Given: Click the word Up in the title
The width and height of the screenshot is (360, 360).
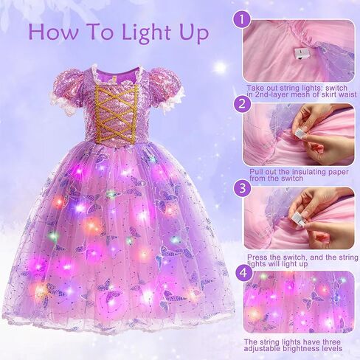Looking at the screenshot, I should [x=190, y=34].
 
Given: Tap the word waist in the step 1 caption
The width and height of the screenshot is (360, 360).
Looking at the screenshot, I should [x=344, y=94].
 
